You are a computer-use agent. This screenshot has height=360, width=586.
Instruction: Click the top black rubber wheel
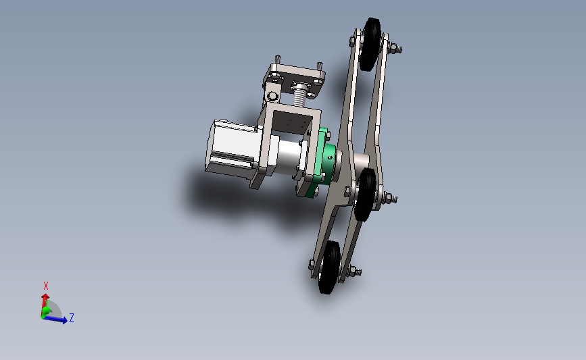pyautogui.click(x=371, y=45)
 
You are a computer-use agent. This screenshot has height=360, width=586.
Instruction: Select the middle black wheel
pyautogui.click(x=366, y=195)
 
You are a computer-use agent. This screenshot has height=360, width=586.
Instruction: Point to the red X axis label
pyautogui.click(x=46, y=286)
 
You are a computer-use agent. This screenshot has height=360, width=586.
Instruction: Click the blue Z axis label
pyautogui.click(x=71, y=317)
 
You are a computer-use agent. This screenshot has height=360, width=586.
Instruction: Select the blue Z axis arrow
pyautogui.click(x=58, y=319)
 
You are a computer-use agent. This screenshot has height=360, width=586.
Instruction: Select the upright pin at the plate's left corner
pyautogui.click(x=276, y=59)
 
